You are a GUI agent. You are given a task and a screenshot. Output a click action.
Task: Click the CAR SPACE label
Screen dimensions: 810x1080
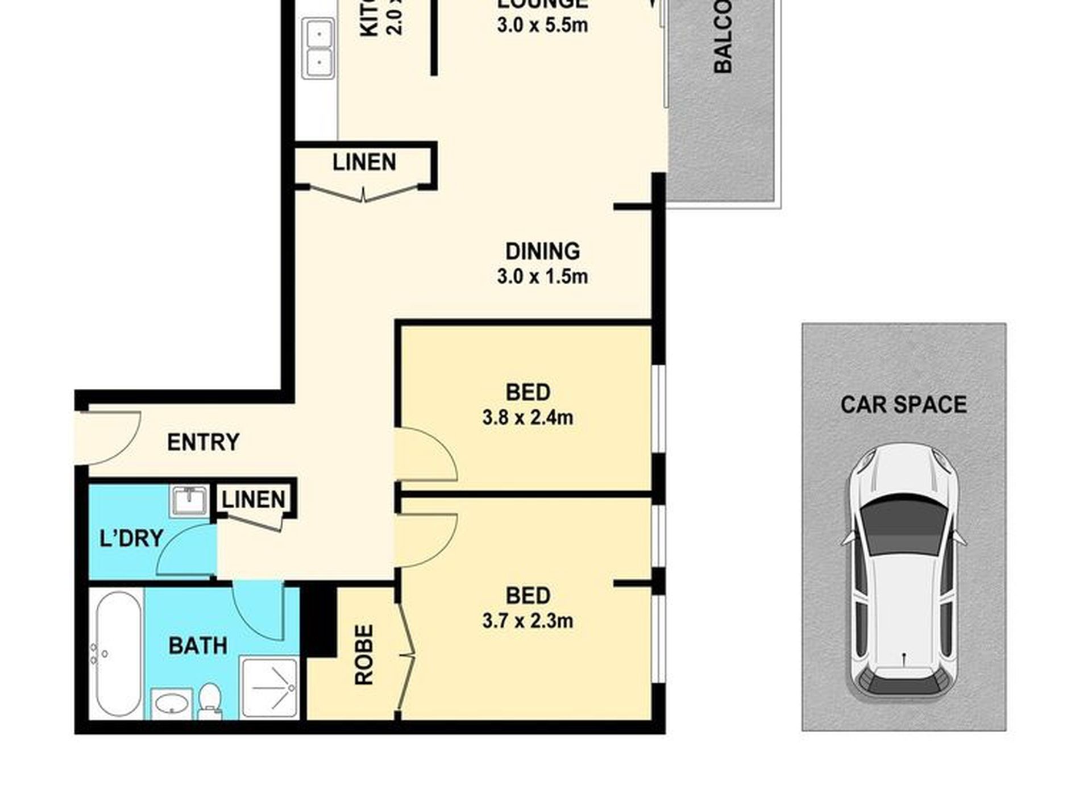[x=903, y=405]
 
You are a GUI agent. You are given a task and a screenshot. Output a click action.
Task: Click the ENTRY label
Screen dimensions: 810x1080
[x=203, y=442]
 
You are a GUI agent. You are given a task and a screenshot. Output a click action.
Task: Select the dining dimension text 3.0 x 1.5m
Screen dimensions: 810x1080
[x=542, y=277]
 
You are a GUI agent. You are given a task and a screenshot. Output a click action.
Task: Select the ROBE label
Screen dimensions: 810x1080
[x=364, y=654]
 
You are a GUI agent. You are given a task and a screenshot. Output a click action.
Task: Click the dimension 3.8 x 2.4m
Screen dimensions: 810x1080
[x=527, y=418]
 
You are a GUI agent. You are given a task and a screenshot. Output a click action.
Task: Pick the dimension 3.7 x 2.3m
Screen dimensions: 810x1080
[x=527, y=621]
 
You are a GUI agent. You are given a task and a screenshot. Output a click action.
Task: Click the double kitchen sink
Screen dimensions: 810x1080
[x=318, y=48]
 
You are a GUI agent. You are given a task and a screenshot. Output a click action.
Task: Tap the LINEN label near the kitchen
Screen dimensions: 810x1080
[x=364, y=163]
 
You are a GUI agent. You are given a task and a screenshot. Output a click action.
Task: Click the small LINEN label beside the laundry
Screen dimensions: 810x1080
[x=253, y=500]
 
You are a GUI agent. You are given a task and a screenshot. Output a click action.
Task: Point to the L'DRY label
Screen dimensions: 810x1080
[x=131, y=538]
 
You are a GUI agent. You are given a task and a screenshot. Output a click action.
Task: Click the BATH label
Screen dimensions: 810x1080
[x=198, y=646]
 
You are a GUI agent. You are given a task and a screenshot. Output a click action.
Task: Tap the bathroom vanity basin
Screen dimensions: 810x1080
[x=172, y=703]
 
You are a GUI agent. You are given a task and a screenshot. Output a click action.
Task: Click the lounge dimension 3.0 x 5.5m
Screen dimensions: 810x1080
[x=542, y=25]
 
